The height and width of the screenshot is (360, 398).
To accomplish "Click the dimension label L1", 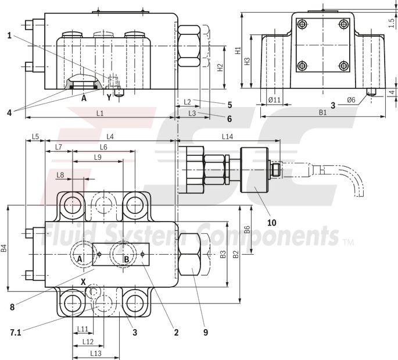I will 99,113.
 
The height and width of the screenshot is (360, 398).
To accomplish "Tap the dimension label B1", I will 322,113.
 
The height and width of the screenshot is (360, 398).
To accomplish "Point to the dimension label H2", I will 220,67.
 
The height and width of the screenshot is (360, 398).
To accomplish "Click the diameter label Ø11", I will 275,101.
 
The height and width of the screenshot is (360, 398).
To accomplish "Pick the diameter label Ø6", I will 352,100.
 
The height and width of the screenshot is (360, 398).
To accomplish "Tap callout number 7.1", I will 16,332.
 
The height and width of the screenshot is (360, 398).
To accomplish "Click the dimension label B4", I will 4,248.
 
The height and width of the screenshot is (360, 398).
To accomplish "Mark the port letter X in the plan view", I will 83,281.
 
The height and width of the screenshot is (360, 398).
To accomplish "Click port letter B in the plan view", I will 126,258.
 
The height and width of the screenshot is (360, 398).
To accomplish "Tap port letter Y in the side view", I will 108,98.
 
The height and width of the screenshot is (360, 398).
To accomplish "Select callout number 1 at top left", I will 10,35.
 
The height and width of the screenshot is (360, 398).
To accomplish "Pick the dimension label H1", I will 238,51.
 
